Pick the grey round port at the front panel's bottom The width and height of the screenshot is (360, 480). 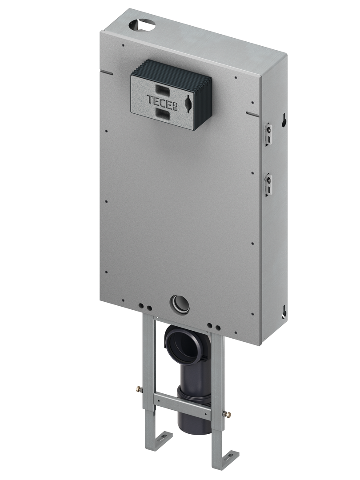click(x=179, y=304)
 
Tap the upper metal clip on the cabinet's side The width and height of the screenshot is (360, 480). click(x=268, y=133)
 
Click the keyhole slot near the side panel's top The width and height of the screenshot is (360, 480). click(x=284, y=120)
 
